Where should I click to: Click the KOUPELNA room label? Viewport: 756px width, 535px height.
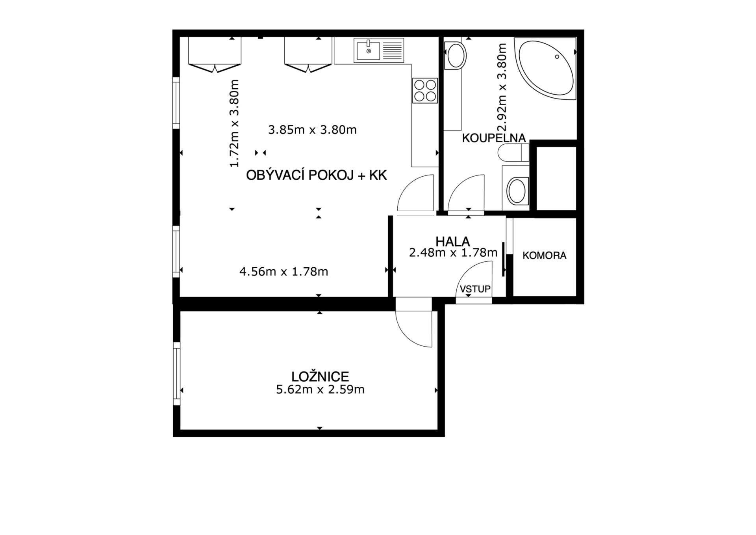coord(494,138)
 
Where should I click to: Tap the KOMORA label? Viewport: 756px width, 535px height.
coord(545,255)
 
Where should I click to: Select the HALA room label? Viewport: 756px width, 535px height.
coord(453,241)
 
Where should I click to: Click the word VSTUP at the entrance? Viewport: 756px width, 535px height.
coord(475,289)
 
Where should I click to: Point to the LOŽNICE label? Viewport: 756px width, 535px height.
coord(320,377)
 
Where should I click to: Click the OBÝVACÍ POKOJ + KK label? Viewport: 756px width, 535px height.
coord(317,175)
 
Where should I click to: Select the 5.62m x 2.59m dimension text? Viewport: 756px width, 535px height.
coord(320,390)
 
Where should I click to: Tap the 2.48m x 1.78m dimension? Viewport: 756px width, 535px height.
coord(453,253)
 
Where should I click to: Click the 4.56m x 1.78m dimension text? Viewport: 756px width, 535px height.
coord(283,272)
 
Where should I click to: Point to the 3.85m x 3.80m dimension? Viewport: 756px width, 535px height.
coord(312,130)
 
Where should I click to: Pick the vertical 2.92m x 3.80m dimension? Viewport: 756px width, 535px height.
coord(502,88)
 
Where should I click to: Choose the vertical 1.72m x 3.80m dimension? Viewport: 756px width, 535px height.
coord(235,123)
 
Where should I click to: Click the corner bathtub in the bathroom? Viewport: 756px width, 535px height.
coord(547,69)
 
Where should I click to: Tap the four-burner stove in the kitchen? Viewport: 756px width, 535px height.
coord(425,91)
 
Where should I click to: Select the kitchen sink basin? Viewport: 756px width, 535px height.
coord(369,50)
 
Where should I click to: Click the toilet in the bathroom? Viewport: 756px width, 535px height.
coord(513,153)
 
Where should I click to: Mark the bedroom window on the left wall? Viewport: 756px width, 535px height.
coord(177,374)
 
